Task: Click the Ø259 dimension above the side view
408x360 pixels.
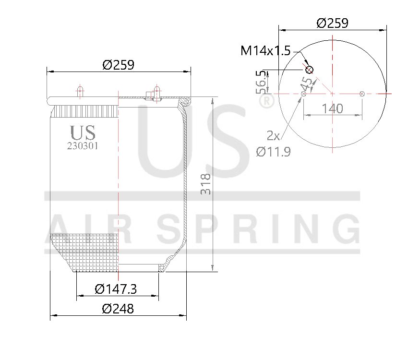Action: pyautogui.click(x=118, y=64)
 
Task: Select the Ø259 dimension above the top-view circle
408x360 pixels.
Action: pyautogui.click(x=333, y=23)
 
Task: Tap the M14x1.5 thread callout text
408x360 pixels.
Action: pyautogui.click(x=265, y=50)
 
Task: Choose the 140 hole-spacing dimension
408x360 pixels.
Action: pyautogui.click(x=332, y=108)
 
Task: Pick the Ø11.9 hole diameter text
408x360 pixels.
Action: pyautogui.click(x=273, y=152)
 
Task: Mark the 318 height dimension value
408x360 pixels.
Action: pyautogui.click(x=206, y=183)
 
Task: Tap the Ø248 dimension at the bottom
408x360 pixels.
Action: pyautogui.click(x=118, y=309)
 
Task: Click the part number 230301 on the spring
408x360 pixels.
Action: pyautogui.click(x=83, y=146)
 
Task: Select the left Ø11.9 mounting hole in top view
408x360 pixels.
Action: pyautogui.click(x=303, y=94)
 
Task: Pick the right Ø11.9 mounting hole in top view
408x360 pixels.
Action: pyautogui.click(x=362, y=94)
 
